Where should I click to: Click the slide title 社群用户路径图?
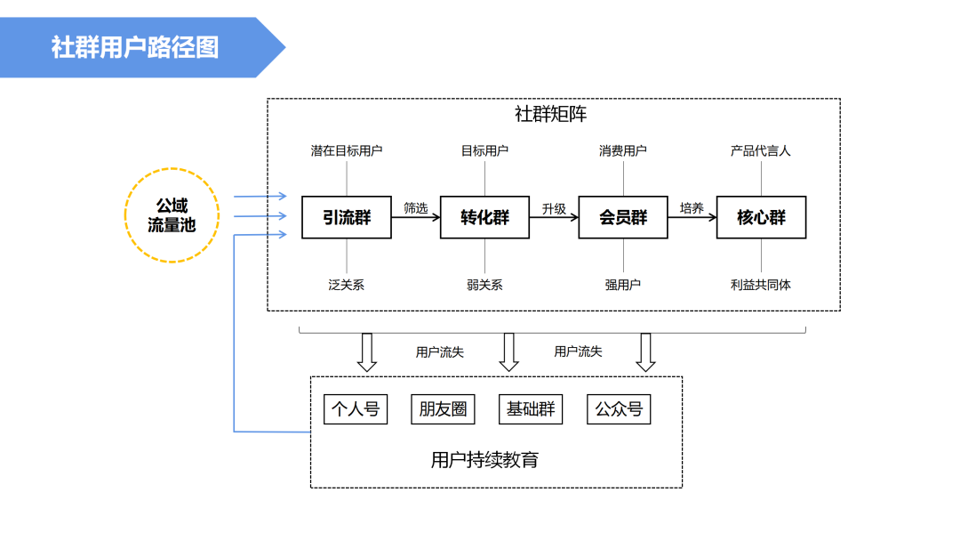tap(134, 47)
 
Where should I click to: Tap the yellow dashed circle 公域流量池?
tap(172, 216)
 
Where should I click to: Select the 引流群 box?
tap(347, 217)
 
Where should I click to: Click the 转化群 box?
tap(485, 217)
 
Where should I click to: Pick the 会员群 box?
tap(623, 217)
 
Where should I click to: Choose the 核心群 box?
tap(762, 217)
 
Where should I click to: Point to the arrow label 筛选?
tap(416, 208)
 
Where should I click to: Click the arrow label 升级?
tap(554, 208)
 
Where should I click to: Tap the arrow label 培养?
tap(692, 208)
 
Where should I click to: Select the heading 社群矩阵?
tap(551, 114)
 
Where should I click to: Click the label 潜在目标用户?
tap(347, 151)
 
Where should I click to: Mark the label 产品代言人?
tap(761, 151)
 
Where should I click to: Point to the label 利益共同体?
tap(761, 285)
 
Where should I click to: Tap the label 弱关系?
tap(484, 285)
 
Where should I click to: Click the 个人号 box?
tap(356, 409)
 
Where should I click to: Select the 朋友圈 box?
tap(443, 409)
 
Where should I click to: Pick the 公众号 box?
tap(620, 409)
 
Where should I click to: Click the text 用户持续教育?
tap(484, 460)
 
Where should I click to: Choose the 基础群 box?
tap(531, 409)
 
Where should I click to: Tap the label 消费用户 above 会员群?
tap(623, 151)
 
